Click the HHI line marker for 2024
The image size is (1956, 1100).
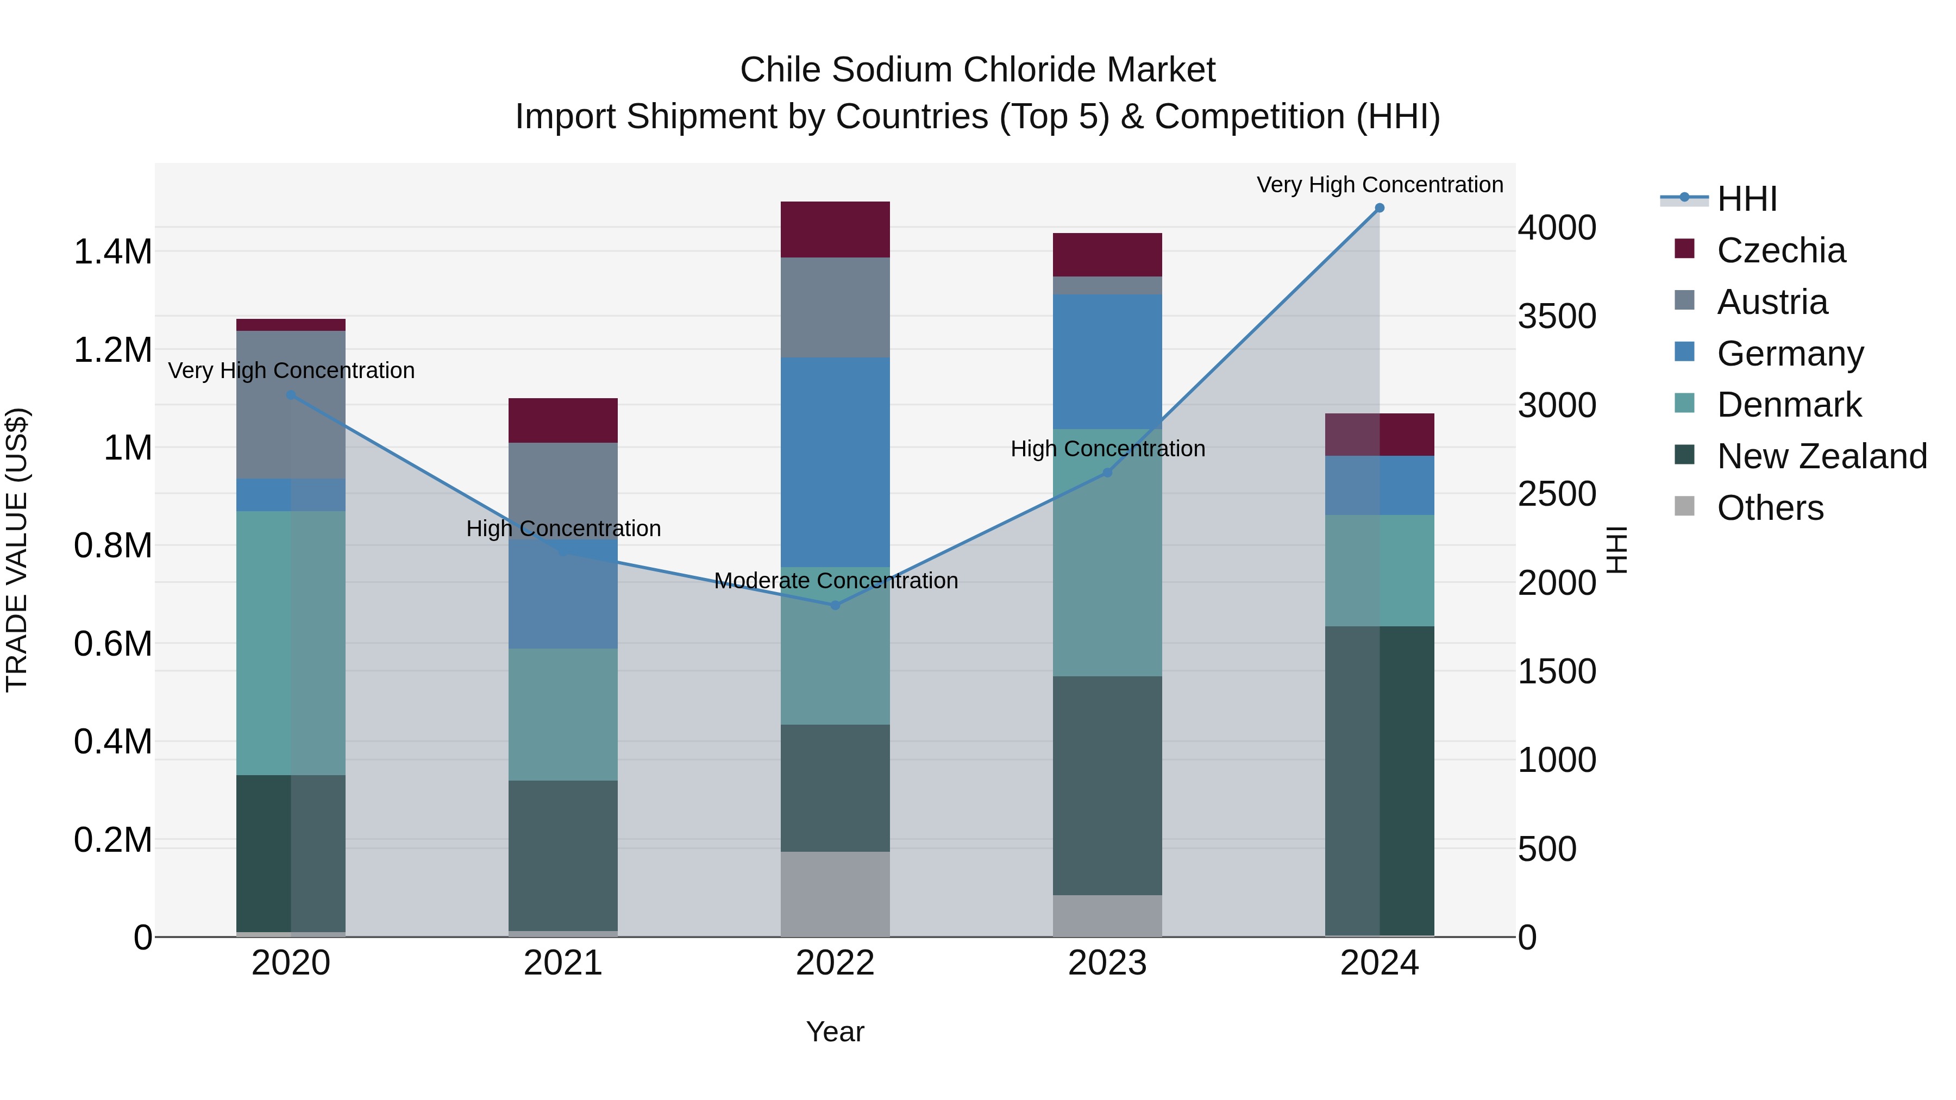1379,208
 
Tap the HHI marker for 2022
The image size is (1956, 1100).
835,605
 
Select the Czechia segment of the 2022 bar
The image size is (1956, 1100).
835,229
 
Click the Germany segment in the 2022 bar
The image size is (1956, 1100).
835,462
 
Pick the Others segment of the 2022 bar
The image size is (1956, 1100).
835,894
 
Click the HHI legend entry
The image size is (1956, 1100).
1746,199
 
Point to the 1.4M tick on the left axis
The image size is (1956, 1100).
112,252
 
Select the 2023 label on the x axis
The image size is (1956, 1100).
1107,963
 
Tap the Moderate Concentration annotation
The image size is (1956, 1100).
835,581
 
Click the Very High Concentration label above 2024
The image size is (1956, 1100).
1379,185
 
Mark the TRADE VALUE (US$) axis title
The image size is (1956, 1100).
17,550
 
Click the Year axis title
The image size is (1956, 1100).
835,1032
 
